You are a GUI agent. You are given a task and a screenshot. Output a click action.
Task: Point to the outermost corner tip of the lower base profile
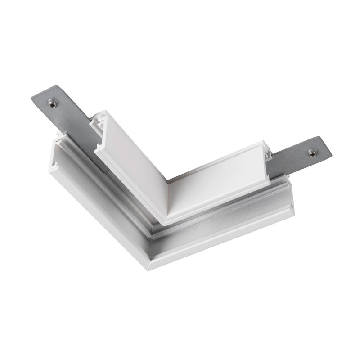[x=148, y=269]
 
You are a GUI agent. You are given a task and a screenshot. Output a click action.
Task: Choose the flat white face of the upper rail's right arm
[x=216, y=180]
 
